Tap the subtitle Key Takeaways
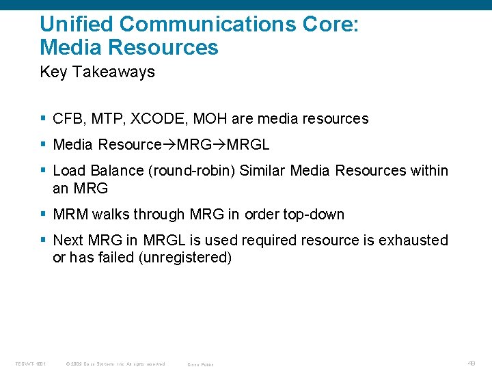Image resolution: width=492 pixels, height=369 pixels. point(97,72)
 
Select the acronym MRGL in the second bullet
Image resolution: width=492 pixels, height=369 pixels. point(248,145)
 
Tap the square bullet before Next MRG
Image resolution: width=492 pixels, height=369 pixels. point(43,241)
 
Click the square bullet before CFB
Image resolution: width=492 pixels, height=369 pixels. point(43,119)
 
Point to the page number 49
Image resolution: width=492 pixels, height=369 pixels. point(472,364)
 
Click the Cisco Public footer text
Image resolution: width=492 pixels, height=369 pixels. point(200,364)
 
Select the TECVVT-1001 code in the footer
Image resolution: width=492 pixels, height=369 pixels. point(31,364)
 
